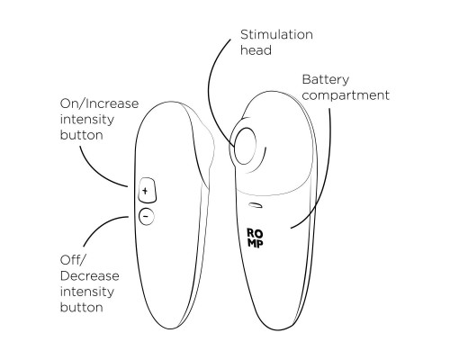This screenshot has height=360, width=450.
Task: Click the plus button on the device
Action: coord(147,190)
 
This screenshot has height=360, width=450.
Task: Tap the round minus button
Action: coord(147,216)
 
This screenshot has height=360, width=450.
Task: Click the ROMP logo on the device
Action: coord(255,238)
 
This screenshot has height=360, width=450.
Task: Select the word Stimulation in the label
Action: coord(276,34)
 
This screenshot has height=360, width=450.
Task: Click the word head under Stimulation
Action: coord(256,50)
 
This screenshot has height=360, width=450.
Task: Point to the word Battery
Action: coord(326,80)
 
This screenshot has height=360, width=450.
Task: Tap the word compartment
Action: coord(346,96)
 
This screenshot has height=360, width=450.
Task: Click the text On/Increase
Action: coord(99,103)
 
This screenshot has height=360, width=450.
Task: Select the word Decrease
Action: coord(90,275)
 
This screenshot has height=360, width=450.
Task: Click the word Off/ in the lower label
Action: coord(72,260)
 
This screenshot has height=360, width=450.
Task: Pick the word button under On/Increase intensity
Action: coord(82,135)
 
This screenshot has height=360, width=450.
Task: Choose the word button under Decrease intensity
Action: coord(82,307)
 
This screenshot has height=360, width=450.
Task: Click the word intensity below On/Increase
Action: coord(87,120)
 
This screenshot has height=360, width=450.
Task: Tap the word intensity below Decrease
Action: coord(87,292)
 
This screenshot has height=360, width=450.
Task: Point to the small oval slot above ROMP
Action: coord(256,205)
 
